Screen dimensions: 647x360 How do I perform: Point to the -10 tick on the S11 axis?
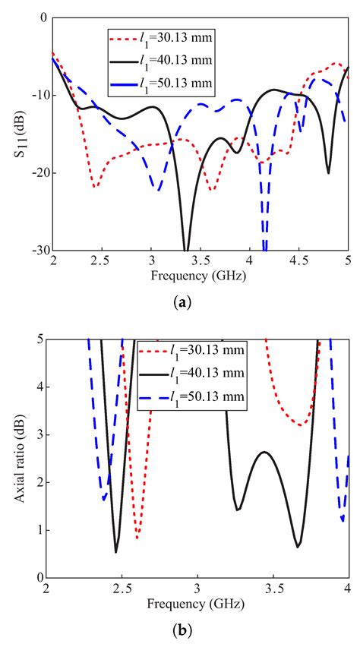click(36, 95)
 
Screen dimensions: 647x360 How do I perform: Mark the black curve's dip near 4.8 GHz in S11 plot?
click(328, 172)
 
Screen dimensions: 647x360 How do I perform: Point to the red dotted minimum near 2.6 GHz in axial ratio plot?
click(137, 538)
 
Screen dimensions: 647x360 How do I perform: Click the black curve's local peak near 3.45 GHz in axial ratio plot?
click(263, 452)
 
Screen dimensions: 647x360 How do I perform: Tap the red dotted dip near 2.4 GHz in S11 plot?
click(94, 187)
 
